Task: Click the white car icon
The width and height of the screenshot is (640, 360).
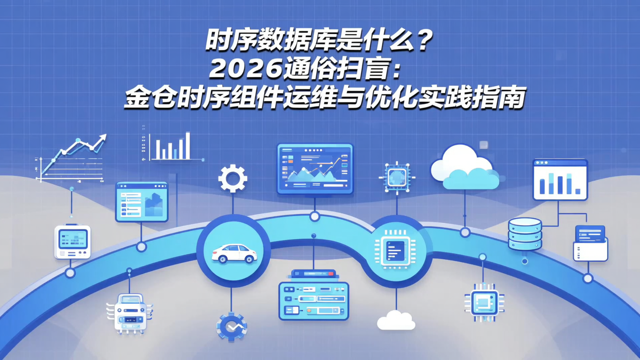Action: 234,253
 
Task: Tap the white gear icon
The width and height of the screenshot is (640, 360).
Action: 232,179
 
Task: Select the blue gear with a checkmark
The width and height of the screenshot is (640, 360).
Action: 231,327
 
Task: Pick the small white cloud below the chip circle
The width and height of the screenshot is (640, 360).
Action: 396,320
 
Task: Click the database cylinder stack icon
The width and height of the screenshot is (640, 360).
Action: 525,234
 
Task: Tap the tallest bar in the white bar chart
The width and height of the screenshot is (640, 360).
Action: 188,145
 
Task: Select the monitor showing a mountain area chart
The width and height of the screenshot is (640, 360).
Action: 315,169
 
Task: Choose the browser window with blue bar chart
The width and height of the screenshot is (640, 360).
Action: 560,180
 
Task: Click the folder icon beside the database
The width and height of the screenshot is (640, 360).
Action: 590,244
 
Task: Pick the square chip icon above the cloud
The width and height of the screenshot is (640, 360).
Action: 396,178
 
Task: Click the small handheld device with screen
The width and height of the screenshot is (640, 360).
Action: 72,241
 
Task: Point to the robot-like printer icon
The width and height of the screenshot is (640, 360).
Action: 129,313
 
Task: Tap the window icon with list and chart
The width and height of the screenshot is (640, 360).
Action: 142,202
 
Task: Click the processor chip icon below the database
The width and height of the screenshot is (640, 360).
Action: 484,303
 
